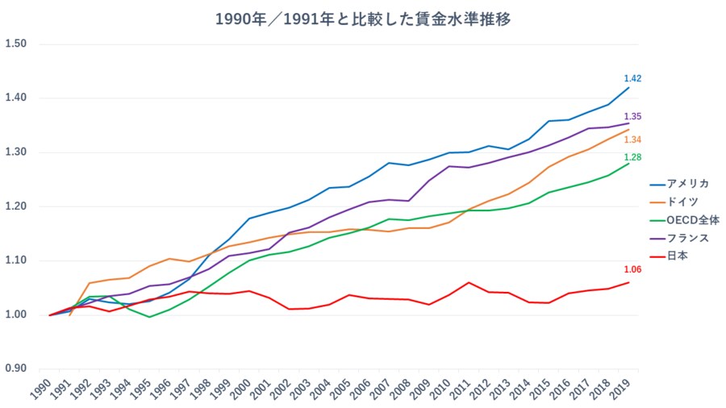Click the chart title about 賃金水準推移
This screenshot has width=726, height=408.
coord(363,19)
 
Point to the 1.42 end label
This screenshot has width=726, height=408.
coord(632,78)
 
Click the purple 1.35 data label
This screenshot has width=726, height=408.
coord(632,117)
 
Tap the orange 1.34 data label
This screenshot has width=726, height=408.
coord(632,139)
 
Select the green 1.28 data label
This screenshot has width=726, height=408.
coord(632,157)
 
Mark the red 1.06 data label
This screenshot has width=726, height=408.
coord(632,269)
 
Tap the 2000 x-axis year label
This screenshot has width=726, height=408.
coord(247,389)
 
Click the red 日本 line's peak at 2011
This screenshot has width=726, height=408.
coord(469,282)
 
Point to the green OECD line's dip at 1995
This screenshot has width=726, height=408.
coord(149,317)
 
